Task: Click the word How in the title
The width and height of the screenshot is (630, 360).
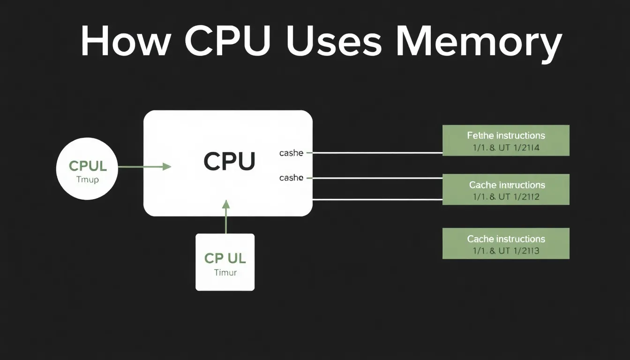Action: [124, 41]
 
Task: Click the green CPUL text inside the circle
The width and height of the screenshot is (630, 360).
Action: [88, 166]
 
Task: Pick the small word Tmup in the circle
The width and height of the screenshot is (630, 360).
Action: [87, 180]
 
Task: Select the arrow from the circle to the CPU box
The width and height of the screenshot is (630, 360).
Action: [143, 166]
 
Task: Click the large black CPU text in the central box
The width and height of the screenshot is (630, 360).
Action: [229, 161]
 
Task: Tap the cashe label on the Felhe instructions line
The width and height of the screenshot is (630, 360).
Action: [291, 153]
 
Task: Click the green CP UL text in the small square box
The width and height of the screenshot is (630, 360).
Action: [225, 258]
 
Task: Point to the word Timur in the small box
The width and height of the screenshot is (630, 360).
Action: [225, 272]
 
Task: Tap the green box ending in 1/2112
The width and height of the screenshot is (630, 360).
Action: [506, 189]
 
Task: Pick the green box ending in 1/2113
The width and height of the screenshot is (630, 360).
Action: [506, 243]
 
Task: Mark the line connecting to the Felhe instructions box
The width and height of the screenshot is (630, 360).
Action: [377, 153]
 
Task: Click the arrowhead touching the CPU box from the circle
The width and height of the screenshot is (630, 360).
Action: [167, 166]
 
